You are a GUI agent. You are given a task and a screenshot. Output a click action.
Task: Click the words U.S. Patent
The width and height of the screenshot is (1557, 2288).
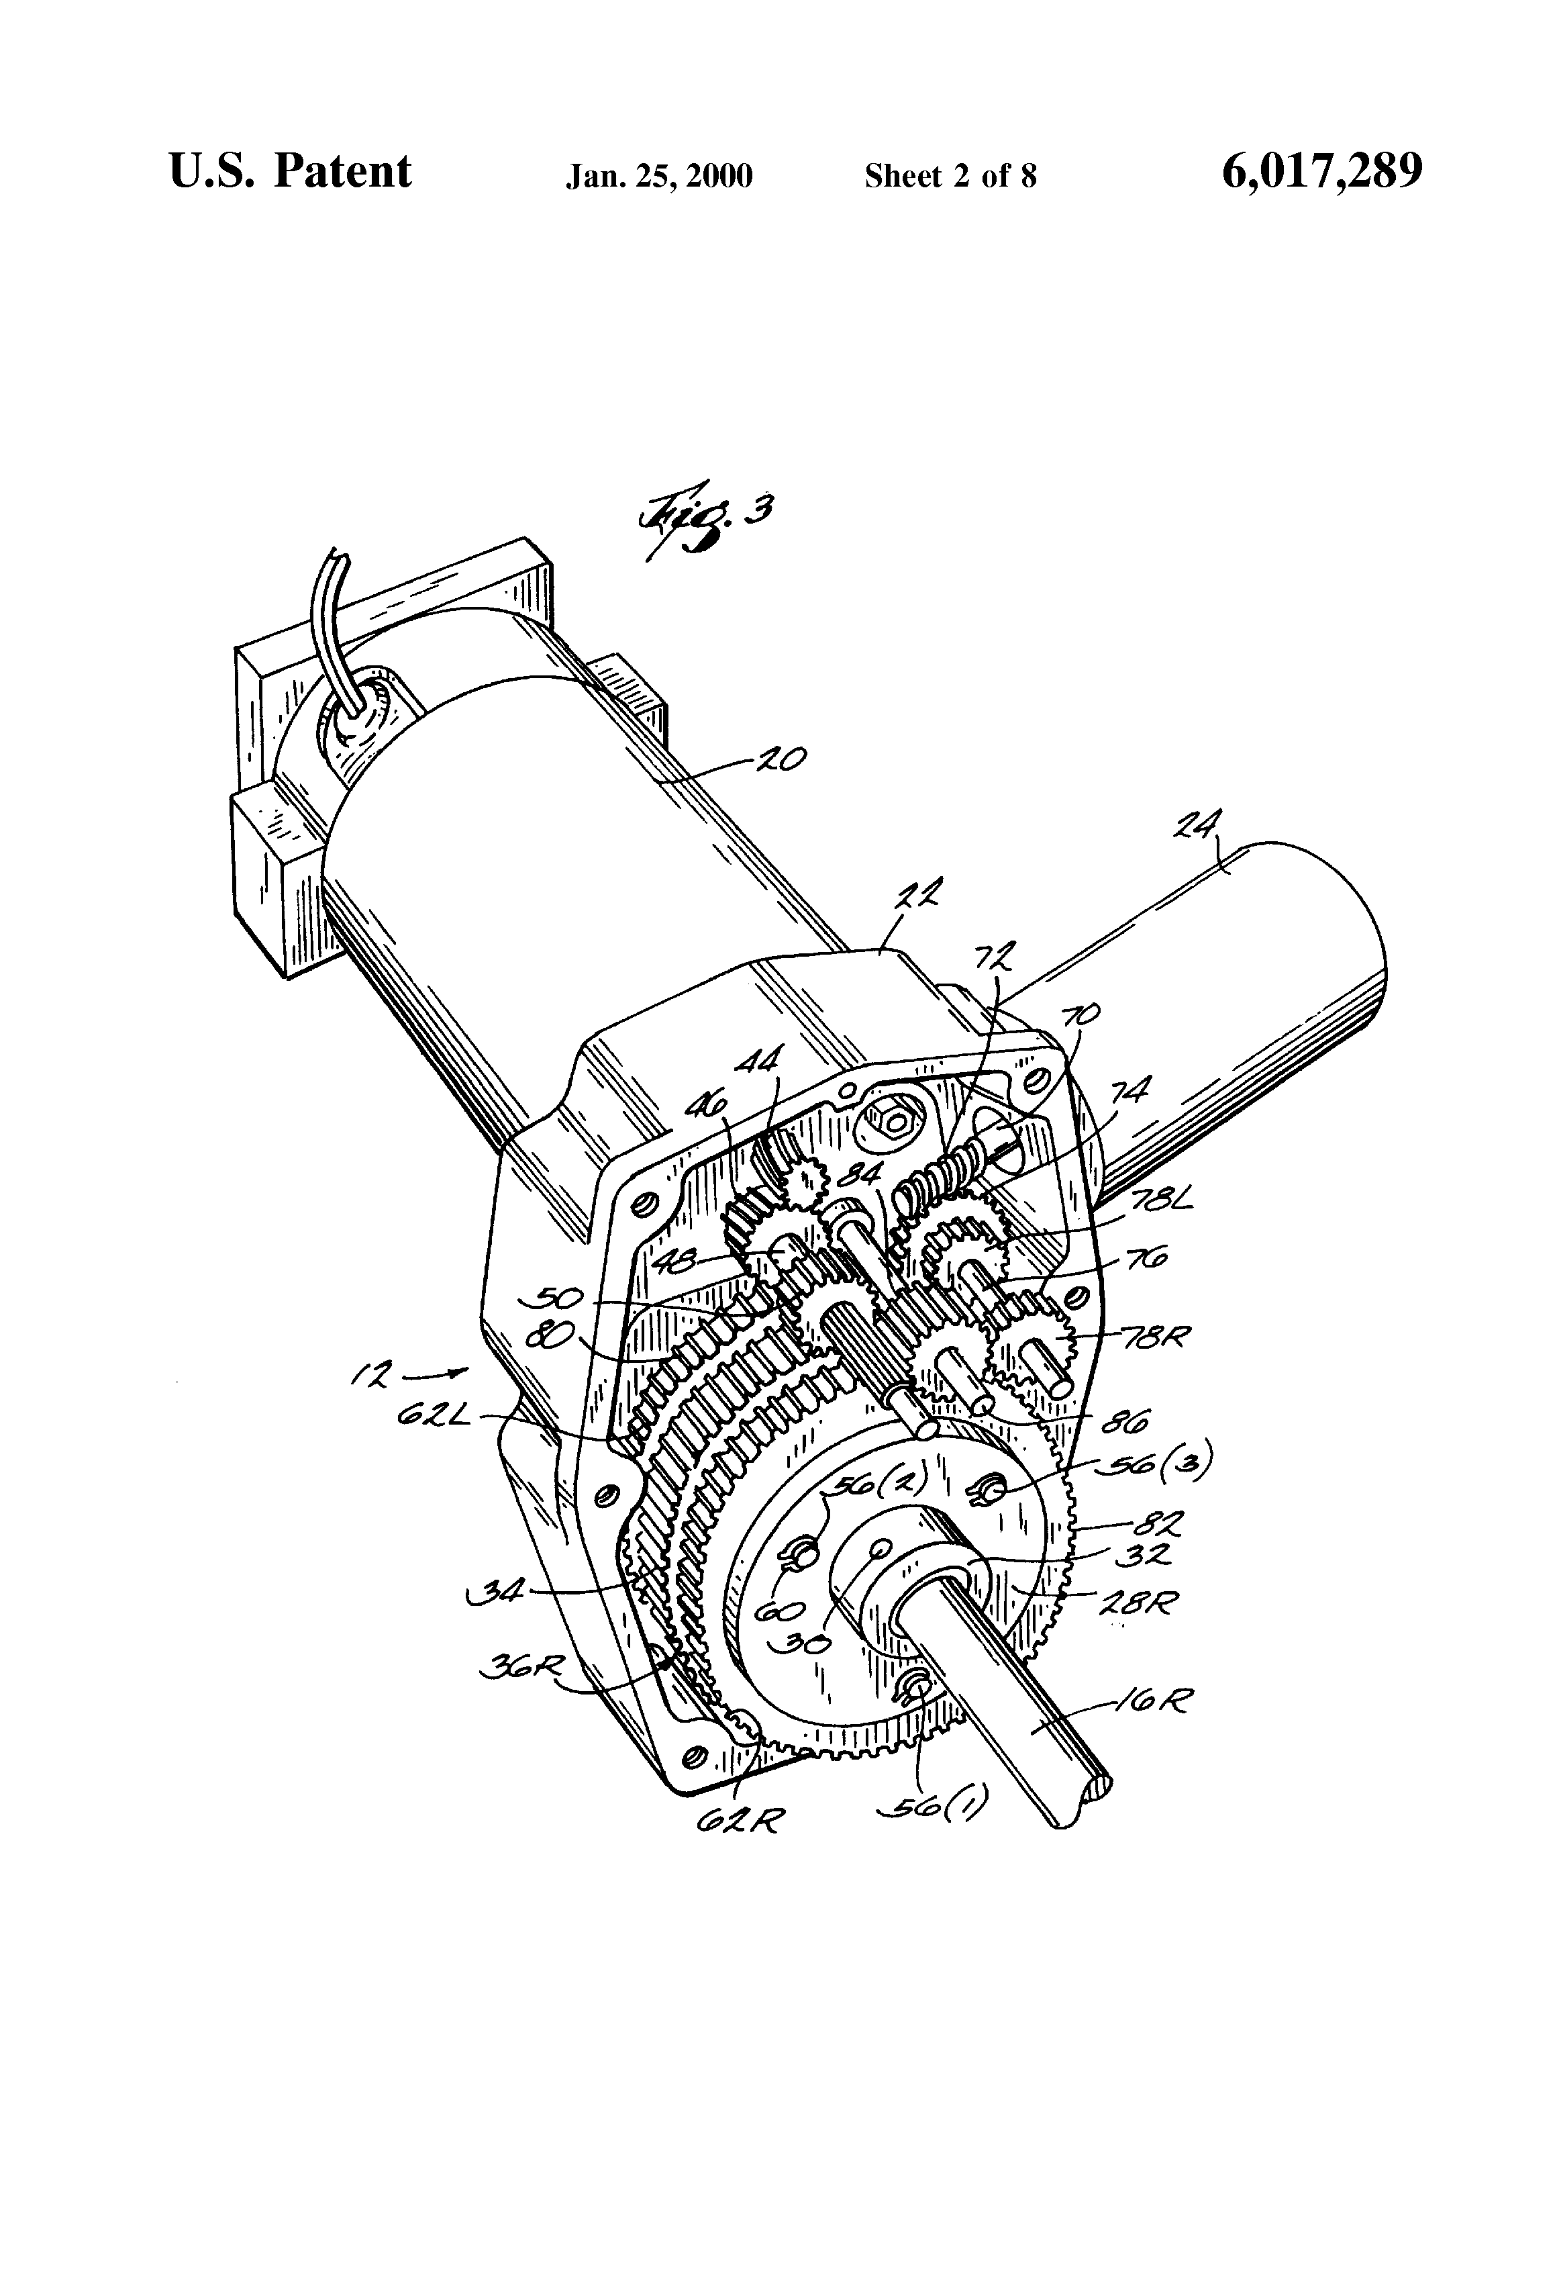click(291, 173)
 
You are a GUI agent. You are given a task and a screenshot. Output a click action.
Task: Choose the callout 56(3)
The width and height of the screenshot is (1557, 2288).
click(1172, 1461)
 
